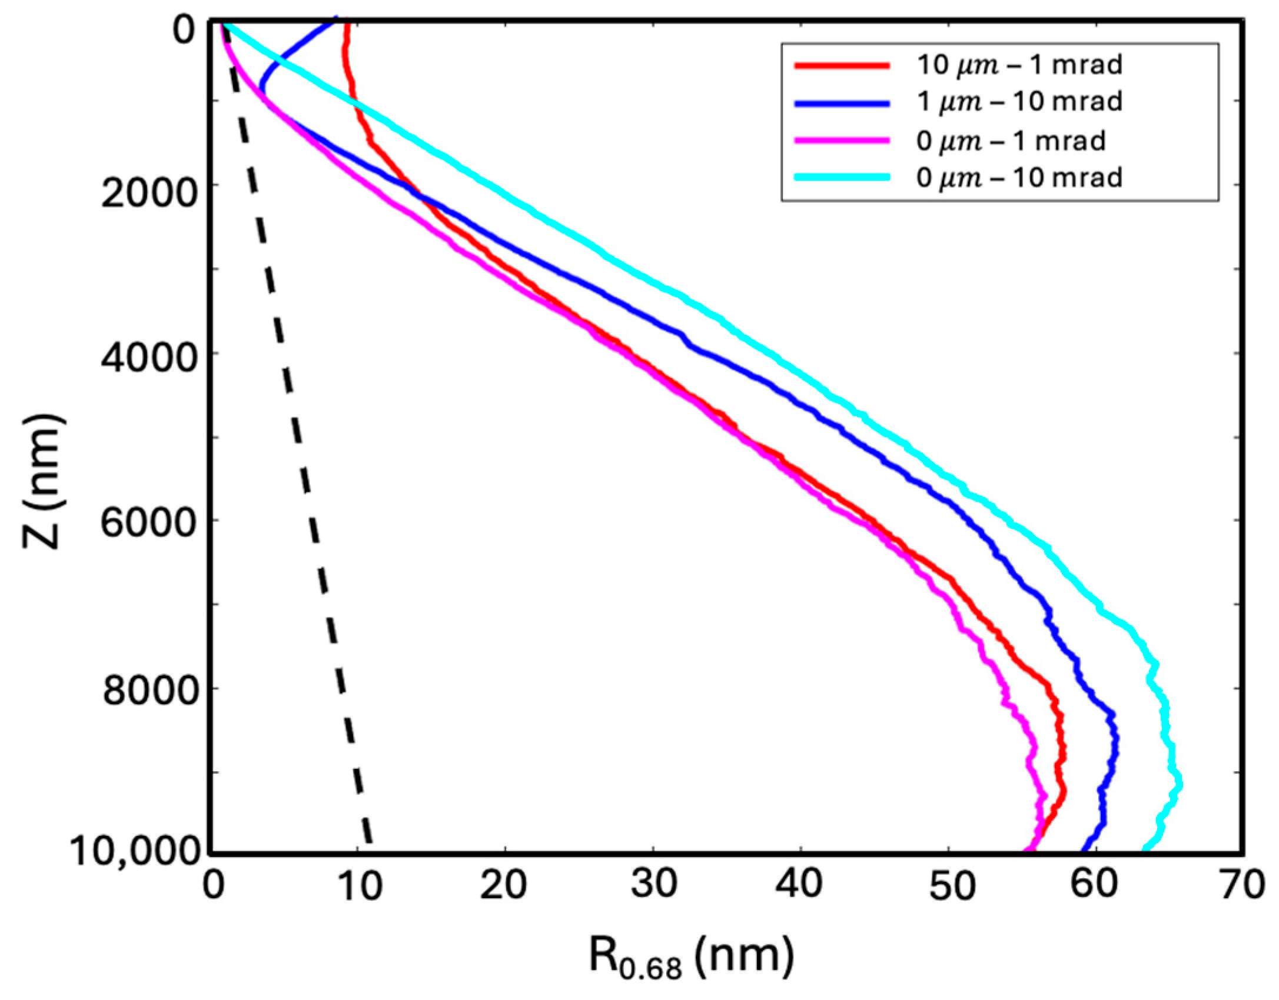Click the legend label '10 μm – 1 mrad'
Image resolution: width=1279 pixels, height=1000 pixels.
click(x=1019, y=65)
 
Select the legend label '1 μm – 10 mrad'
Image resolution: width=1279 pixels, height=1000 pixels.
click(x=1019, y=102)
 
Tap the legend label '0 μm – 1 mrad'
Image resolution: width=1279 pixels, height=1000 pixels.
click(x=1011, y=141)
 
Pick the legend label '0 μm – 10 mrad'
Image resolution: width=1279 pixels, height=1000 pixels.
click(x=1019, y=177)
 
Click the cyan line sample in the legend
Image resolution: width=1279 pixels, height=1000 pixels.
click(x=842, y=177)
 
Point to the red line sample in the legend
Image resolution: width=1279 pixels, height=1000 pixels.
click(x=842, y=65)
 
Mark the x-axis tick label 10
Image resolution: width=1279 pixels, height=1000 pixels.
click(x=360, y=885)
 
